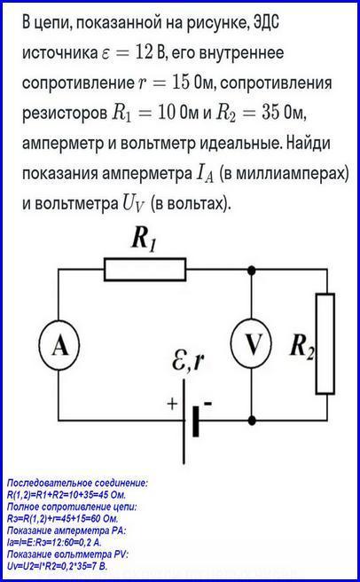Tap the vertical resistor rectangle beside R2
(x=325, y=343)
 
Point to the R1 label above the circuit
(x=144, y=239)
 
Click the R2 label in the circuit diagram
(x=302, y=346)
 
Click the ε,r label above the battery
(x=188, y=360)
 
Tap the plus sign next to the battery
(x=172, y=404)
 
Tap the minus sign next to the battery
(x=207, y=403)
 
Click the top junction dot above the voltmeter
(x=251, y=270)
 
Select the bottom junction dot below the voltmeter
(x=252, y=421)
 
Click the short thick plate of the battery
(x=196, y=421)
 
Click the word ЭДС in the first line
(x=266, y=22)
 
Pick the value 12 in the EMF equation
(x=144, y=52)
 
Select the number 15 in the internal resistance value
(x=181, y=82)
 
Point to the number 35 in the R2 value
(x=270, y=112)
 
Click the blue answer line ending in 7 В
(x=57, y=566)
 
